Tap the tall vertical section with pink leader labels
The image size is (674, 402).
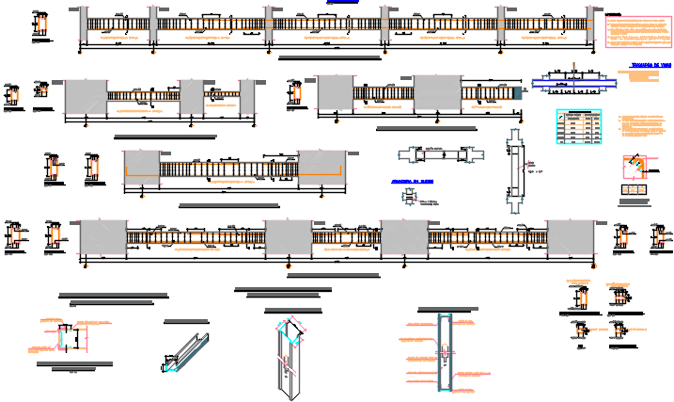tap(443, 354)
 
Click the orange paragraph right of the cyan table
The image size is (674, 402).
tap(643, 127)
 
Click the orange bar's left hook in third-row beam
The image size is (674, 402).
tap(130, 171)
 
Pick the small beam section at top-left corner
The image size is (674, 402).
tap(39, 26)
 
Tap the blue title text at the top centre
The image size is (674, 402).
tap(341, 3)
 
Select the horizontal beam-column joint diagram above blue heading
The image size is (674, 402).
tap(440, 154)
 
